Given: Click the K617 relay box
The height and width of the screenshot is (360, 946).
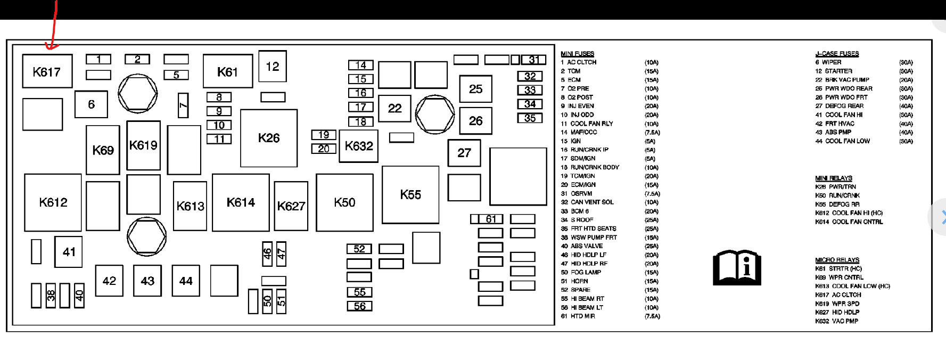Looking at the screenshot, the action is coord(47,71).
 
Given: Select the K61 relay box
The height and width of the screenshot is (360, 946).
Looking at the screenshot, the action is coord(227,71).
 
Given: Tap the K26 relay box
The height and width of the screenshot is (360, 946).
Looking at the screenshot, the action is coord(269,138).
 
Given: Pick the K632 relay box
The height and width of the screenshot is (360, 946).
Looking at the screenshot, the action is coord(358,146).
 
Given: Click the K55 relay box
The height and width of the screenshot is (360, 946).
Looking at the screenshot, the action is coord(410,195).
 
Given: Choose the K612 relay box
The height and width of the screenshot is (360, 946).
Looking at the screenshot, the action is coord(53,202).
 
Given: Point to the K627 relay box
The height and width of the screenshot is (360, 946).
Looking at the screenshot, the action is coord(291,206).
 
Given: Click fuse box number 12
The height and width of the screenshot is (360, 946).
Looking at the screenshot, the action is coord(273,67).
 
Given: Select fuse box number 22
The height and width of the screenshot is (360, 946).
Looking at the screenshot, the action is coord(394,109).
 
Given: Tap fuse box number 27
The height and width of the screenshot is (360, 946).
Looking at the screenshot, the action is coord(464,153).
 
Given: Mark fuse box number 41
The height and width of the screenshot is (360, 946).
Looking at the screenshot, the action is coord(69,252).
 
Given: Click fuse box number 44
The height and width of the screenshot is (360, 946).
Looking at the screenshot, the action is coord(186,281).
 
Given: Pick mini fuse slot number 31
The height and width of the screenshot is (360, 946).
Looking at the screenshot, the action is coord(533,60).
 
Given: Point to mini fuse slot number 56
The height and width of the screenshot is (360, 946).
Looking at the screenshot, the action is coord(359,306).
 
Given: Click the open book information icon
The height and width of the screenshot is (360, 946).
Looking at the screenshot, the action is coord(737,267).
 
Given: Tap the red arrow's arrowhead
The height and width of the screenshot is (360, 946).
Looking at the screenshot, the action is coord(51,47).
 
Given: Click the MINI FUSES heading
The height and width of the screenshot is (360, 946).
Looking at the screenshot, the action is coord(577,54).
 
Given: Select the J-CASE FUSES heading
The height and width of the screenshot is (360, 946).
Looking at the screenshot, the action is coord(837,54).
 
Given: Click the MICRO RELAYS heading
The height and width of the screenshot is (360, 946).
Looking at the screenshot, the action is coord(837,260).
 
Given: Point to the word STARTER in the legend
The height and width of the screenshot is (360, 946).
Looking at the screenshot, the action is coord(838,71).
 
